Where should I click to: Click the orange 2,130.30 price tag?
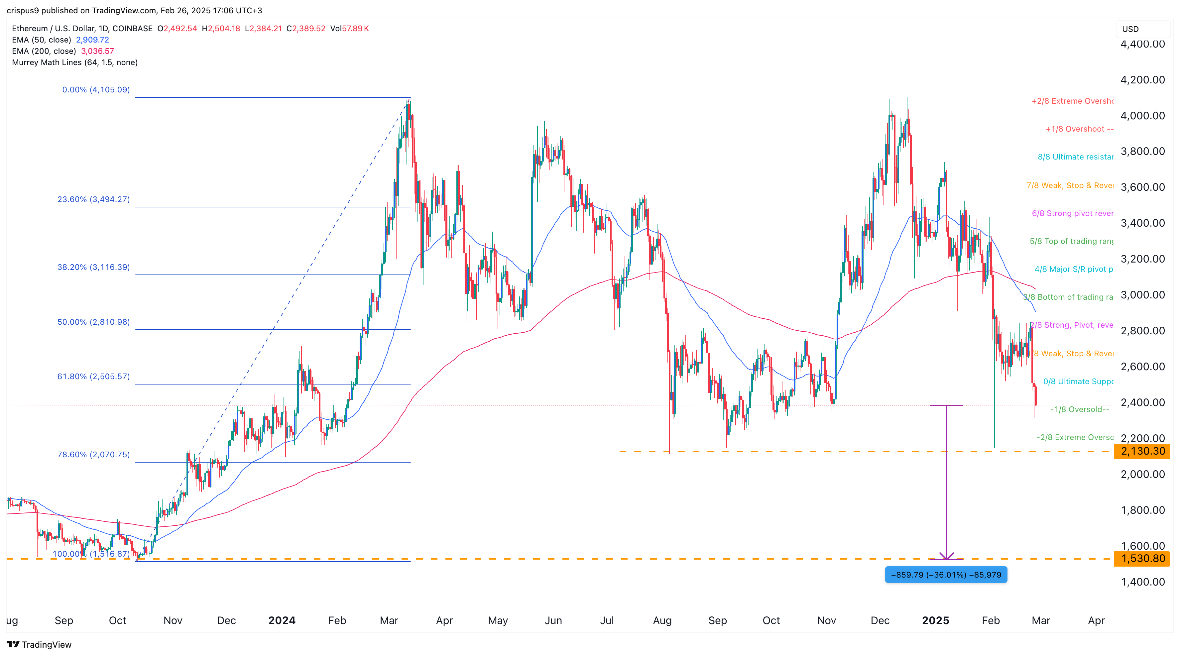[1142, 451]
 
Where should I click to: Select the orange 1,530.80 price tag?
[1142, 558]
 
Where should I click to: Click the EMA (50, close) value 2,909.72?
[92, 40]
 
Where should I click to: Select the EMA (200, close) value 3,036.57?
[98, 51]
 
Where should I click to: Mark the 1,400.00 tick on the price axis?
[1142, 582]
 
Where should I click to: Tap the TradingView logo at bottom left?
[40, 645]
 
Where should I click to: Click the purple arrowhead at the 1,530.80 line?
[946, 557]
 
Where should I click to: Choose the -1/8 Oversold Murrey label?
[1079, 409]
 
